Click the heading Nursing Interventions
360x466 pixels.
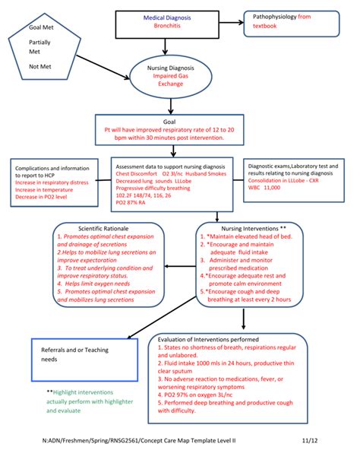click(x=251, y=228)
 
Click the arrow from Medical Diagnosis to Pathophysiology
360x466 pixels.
click(x=230, y=21)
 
